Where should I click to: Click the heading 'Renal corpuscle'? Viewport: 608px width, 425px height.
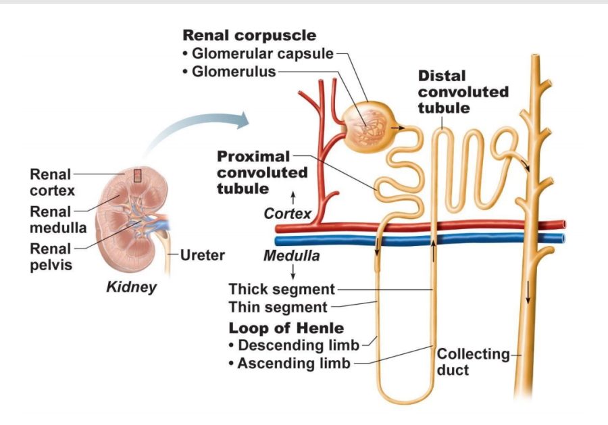[249, 35]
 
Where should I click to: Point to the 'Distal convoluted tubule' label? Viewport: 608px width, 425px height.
[463, 91]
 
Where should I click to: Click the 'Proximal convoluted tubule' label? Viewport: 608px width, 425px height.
[261, 172]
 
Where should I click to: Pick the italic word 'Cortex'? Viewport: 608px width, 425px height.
[287, 214]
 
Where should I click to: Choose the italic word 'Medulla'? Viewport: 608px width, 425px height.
[291, 256]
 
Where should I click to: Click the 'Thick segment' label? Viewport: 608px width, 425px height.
[282, 290]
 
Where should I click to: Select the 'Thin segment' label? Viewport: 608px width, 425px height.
[278, 307]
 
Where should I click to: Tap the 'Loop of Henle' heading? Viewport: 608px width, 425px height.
[286, 328]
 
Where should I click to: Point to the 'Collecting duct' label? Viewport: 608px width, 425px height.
[473, 361]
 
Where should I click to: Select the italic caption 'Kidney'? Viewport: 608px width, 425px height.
[132, 286]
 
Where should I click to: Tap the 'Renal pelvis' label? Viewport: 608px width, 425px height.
[51, 257]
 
